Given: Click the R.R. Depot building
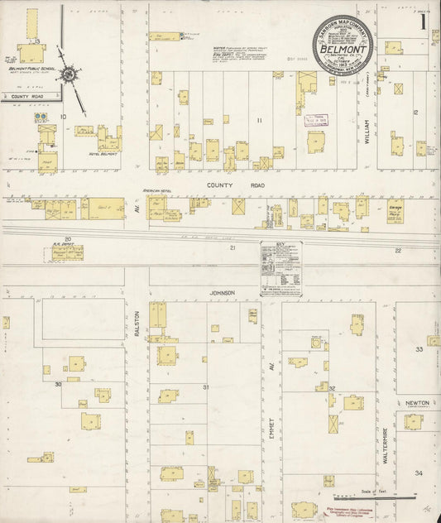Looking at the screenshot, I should click(67, 252).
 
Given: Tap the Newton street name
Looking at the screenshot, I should click(417, 402).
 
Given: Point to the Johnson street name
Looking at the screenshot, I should click(223, 292).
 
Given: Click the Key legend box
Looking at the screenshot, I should click(280, 268).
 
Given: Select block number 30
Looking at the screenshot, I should click(58, 385).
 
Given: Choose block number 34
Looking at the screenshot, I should click(419, 473).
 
